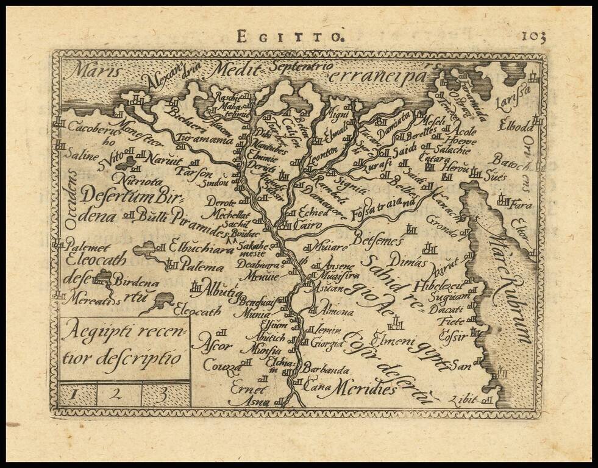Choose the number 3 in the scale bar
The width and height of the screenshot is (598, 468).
164,393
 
